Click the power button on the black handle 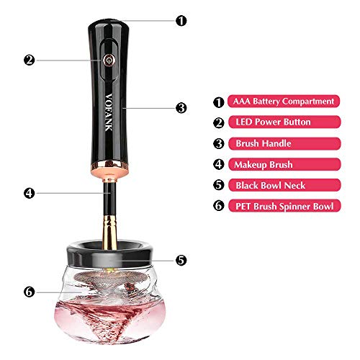pos(109,60)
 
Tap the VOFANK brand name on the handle pos(109,112)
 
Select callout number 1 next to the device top pos(181,21)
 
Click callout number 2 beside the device pos(30,60)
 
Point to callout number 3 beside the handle pos(181,108)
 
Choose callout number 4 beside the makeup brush pos(30,193)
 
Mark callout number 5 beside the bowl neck pos(181,260)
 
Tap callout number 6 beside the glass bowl pos(30,292)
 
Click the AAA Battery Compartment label pos(284,102)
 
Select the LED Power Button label pos(284,122)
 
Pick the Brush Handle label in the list pos(284,143)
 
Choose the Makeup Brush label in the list pos(284,164)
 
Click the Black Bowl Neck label pos(284,185)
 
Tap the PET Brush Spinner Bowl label pos(284,206)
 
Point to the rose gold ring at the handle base pos(109,169)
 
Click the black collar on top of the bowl pos(109,254)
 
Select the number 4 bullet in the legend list pos(219,164)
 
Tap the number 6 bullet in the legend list pos(219,206)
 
